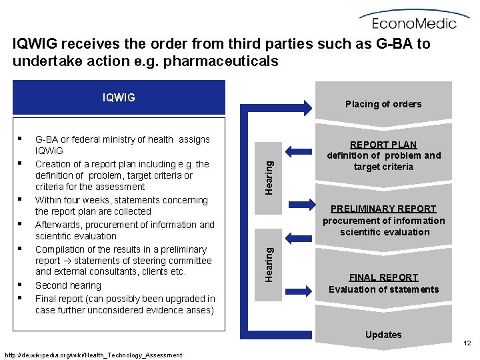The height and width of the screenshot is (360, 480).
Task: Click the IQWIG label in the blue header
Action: click(119, 97)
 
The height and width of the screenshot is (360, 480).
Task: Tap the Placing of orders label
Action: click(383, 103)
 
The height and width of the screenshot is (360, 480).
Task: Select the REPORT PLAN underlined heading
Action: click(383, 145)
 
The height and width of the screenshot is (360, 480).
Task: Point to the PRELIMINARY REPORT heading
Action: click(383, 209)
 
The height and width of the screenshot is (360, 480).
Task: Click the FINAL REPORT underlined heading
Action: click(383, 277)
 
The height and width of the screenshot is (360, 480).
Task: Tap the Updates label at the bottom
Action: click(383, 335)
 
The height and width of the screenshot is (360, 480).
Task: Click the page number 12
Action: click(467, 343)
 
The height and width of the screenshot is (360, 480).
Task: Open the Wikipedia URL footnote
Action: click(93, 355)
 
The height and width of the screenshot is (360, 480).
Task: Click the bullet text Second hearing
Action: click(68, 285)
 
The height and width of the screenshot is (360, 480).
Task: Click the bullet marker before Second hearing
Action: click(22, 285)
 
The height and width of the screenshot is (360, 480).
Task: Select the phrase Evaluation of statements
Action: click(383, 289)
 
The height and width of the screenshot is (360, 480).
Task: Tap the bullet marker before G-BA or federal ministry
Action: click(22, 139)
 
